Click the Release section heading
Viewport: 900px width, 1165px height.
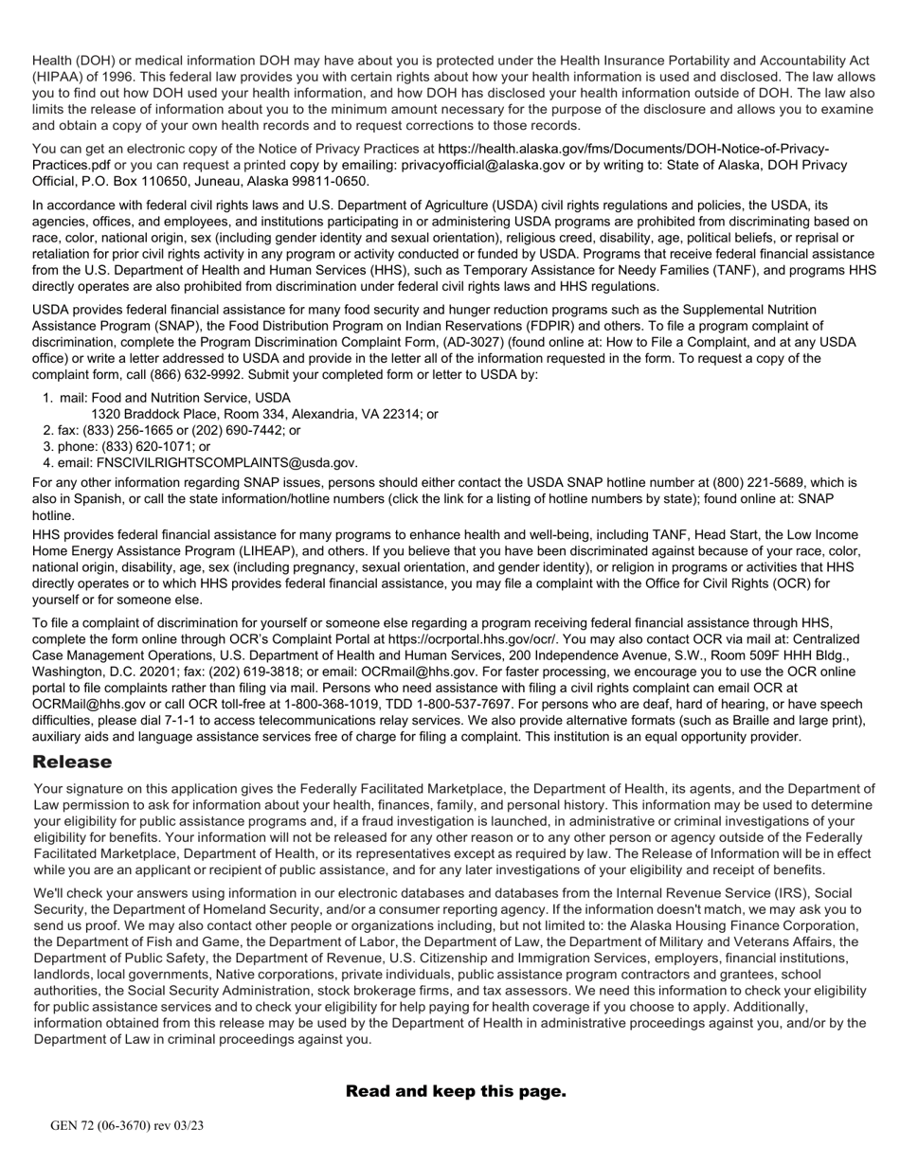point(72,762)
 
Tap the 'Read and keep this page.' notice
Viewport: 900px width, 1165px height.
point(456,1091)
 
